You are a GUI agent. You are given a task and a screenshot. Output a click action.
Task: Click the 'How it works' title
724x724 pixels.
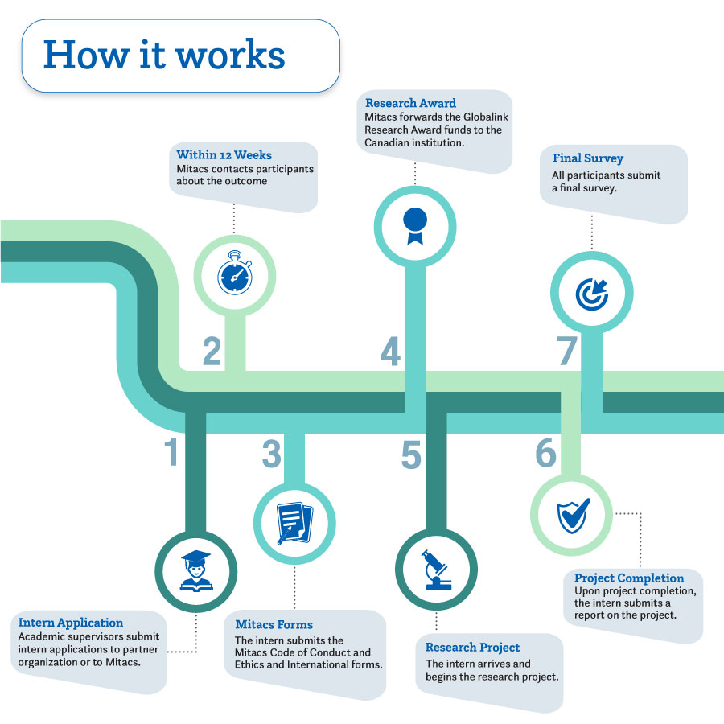coord(164,56)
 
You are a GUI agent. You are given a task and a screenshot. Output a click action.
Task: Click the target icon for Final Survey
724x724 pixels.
coord(592,293)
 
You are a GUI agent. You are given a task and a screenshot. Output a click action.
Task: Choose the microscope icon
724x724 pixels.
coord(437,570)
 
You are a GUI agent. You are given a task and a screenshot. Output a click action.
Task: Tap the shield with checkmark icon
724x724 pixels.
coord(573,513)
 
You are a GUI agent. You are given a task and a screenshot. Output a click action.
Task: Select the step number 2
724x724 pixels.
coord(212,352)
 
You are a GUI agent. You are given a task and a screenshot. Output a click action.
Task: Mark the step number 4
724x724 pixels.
coord(390,352)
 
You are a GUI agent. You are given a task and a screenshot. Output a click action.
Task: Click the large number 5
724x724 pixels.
coord(411,455)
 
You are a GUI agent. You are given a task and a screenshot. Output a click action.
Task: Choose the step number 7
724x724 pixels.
coord(567,352)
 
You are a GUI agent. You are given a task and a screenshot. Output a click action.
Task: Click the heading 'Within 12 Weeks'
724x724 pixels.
coord(224,154)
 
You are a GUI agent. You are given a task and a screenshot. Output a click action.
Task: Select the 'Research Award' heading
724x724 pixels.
coord(410,103)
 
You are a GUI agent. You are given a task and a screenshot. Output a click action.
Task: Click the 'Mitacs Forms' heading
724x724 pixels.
coord(274,624)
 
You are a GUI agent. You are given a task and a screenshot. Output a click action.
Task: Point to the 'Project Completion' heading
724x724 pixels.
coord(629,578)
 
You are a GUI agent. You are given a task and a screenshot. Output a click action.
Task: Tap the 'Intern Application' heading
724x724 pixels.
coord(71,623)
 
